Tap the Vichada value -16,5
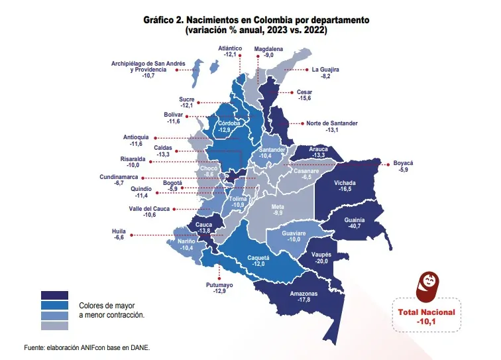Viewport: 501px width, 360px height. pyautogui.click(x=344, y=189)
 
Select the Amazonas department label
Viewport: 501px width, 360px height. pyautogui.click(x=304, y=294)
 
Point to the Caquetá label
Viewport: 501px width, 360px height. pyautogui.click(x=258, y=257)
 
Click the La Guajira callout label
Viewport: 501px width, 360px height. pyautogui.click(x=325, y=69)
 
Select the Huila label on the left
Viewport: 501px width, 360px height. pyautogui.click(x=119, y=231)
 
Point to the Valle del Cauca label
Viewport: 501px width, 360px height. pyautogui.click(x=150, y=208)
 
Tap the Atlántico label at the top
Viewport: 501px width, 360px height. pyautogui.click(x=232, y=48)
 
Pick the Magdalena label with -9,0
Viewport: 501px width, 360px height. pyautogui.click(x=268, y=48)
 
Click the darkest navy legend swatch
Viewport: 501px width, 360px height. pyautogui.click(x=54, y=296)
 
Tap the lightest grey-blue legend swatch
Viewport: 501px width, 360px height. pyautogui.click(x=54, y=326)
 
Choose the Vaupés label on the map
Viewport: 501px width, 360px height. pyautogui.click(x=321, y=257)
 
